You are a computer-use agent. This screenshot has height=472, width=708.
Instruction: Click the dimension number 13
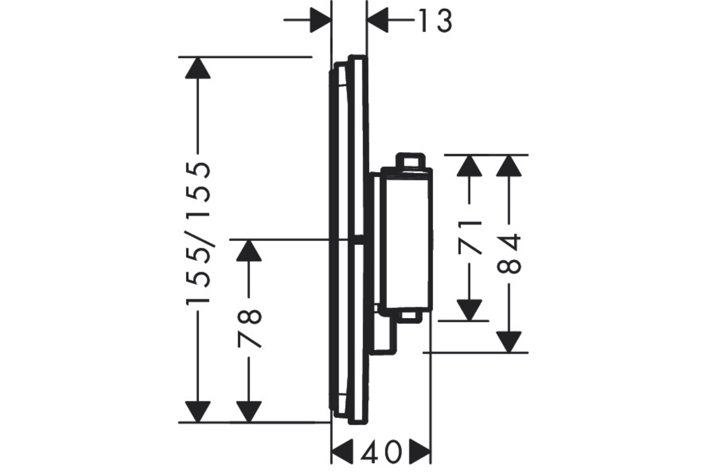(435, 21)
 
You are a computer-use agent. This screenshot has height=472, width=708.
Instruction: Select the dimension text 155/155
(198, 233)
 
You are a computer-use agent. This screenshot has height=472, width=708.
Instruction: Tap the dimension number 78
(250, 329)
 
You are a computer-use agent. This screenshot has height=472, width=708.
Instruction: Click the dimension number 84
(509, 254)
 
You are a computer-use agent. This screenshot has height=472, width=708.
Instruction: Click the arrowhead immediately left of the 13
(378, 20)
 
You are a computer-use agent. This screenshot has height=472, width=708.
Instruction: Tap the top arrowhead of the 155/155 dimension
(198, 68)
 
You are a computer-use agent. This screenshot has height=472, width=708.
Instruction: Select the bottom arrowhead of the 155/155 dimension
(198, 412)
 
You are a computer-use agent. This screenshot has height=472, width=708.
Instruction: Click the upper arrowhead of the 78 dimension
(249, 250)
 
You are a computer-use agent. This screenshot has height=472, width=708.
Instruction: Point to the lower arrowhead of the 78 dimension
(249, 412)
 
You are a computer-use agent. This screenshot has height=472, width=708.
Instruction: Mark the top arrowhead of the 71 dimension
(470, 166)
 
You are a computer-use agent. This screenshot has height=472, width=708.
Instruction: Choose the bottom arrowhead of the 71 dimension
(470, 310)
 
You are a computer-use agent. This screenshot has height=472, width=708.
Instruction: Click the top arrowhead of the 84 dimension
(509, 166)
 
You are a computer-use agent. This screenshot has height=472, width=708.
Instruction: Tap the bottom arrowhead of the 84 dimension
(509, 342)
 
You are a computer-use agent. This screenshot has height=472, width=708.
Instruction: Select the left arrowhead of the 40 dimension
(342, 451)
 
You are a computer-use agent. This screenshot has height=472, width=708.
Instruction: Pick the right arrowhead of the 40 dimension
(420, 451)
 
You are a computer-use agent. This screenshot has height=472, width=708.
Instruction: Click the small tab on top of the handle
(410, 160)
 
